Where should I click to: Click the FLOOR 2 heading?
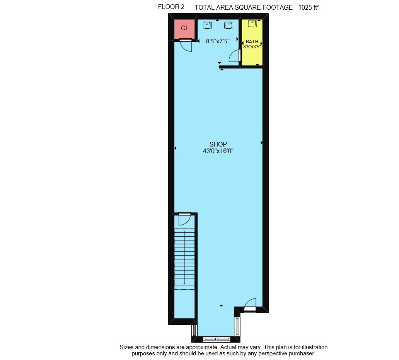click(171, 7)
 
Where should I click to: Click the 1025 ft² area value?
click(309, 7)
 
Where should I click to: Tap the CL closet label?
click(185, 28)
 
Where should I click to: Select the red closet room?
click(184, 29)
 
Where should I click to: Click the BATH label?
click(252, 41)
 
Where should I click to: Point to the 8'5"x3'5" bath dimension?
click(252, 47)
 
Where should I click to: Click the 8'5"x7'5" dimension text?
click(218, 41)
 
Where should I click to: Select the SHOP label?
click(218, 144)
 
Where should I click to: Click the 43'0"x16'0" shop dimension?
click(218, 151)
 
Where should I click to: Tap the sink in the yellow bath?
click(252, 23)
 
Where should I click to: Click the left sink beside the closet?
click(207, 25)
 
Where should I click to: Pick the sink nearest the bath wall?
click(228, 25)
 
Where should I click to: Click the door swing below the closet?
click(186, 45)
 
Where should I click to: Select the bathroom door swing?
click(235, 56)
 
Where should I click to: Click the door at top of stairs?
click(185, 219)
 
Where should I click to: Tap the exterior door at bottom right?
click(250, 305)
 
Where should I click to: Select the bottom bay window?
click(216, 339)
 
